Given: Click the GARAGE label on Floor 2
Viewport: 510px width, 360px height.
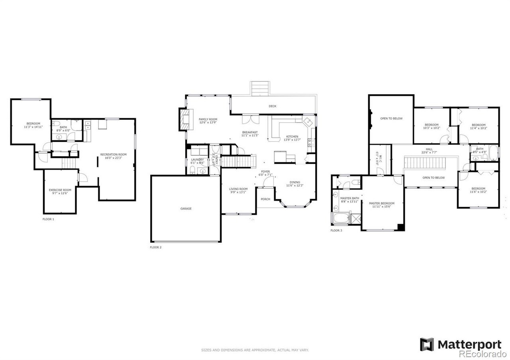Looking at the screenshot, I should click(x=186, y=209).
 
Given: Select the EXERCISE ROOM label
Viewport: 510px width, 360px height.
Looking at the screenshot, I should click(x=60, y=190).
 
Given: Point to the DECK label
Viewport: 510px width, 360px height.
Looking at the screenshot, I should click(x=273, y=106).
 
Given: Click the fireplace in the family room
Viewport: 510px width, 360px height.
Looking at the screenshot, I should click(x=184, y=119).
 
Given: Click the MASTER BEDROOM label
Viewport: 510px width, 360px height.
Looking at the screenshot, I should click(x=381, y=203).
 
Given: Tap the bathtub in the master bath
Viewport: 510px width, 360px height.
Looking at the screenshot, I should click(x=339, y=219).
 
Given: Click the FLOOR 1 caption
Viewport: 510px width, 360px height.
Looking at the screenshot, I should click(x=48, y=219).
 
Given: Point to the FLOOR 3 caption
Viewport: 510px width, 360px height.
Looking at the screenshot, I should click(x=336, y=231).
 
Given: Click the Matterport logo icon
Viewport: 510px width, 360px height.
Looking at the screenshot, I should click(x=427, y=344).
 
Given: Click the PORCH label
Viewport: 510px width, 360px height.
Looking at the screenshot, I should click(x=265, y=199).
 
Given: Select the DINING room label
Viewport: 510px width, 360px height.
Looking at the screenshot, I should click(x=295, y=182).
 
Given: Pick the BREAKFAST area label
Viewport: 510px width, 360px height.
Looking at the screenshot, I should click(x=250, y=132).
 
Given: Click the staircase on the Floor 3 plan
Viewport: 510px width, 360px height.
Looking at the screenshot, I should click(x=425, y=162).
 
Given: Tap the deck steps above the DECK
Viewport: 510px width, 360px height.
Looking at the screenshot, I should click(x=260, y=88).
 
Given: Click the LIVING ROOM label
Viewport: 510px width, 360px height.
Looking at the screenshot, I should click(x=238, y=189).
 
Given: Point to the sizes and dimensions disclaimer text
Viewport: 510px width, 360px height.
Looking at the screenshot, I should click(x=255, y=350).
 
